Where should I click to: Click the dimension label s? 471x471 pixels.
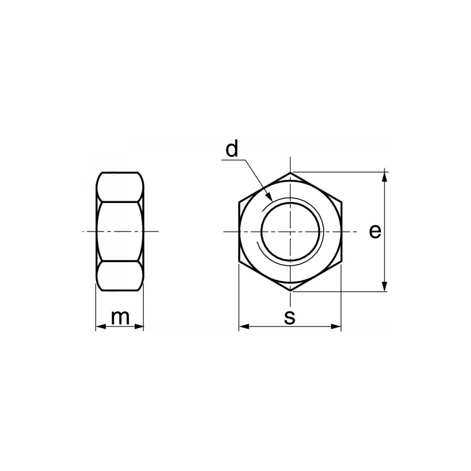point(290,317)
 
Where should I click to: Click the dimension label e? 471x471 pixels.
point(374,231)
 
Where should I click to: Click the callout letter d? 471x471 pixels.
point(232,149)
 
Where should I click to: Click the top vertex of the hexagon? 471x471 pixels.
point(291,172)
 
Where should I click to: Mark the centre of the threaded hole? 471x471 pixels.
point(291,232)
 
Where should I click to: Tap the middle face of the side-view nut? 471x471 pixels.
point(120,231)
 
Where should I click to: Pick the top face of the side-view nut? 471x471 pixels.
point(120,187)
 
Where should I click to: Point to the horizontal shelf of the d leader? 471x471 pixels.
point(233,161)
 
